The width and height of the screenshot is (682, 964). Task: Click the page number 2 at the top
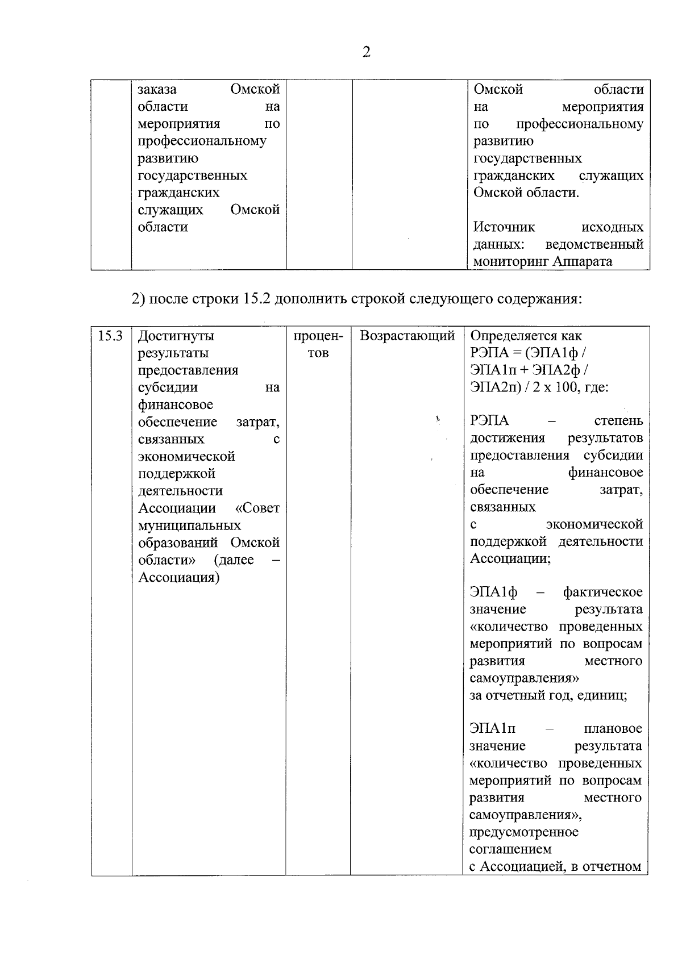tap(366, 52)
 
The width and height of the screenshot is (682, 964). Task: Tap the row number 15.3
tap(110, 336)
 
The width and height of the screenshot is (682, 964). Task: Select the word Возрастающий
tap(407, 336)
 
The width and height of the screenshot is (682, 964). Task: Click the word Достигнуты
tap(176, 336)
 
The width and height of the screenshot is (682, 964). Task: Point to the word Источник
tap(504, 227)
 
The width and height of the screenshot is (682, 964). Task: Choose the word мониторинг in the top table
tap(510, 262)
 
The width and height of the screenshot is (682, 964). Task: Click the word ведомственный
tap(594, 245)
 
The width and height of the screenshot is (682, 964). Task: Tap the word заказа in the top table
tap(157, 90)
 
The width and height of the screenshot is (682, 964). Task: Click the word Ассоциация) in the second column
tap(179, 577)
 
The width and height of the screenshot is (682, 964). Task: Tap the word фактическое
tap(602, 592)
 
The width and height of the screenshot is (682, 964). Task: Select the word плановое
tap(613, 729)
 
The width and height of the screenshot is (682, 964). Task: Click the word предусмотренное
tap(523, 832)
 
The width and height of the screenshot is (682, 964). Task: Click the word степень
tap(618, 421)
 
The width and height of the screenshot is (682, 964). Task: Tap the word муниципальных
tap(189, 525)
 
